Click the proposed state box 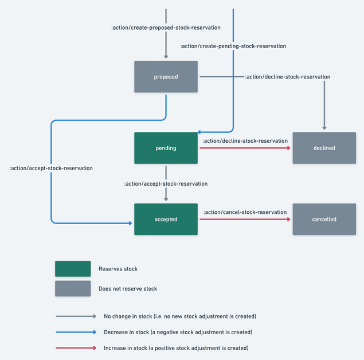pyautogui.click(x=166, y=77)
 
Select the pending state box pyautogui.click(x=166, y=148)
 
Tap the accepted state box pyautogui.click(x=166, y=219)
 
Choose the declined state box pyautogui.click(x=324, y=148)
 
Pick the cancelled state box pyautogui.click(x=324, y=219)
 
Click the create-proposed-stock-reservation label pyautogui.click(x=166, y=28)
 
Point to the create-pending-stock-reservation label pyautogui.click(x=233, y=46)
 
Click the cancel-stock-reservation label pyautogui.click(x=245, y=212)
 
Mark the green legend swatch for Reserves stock pyautogui.click(x=73, y=269)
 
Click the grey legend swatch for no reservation pyautogui.click(x=73, y=288)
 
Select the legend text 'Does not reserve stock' pyautogui.click(x=128, y=288)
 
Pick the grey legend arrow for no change pyautogui.click(x=76, y=316)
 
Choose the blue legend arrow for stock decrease pyautogui.click(x=76, y=332)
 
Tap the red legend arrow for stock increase pyautogui.click(x=76, y=348)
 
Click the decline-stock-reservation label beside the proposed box pyautogui.click(x=287, y=77)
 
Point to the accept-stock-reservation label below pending pyautogui.click(x=166, y=184)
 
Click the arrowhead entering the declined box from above pyautogui.click(x=324, y=128)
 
